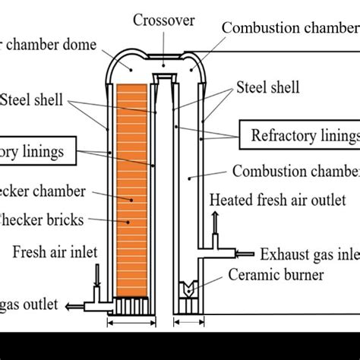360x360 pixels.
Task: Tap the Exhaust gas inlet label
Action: coord(308,254)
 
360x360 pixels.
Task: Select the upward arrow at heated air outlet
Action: coord(216,224)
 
